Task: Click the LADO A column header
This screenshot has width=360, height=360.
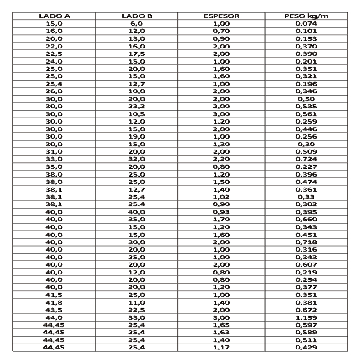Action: click(x=54, y=16)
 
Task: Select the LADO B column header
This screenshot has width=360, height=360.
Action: click(x=137, y=16)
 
